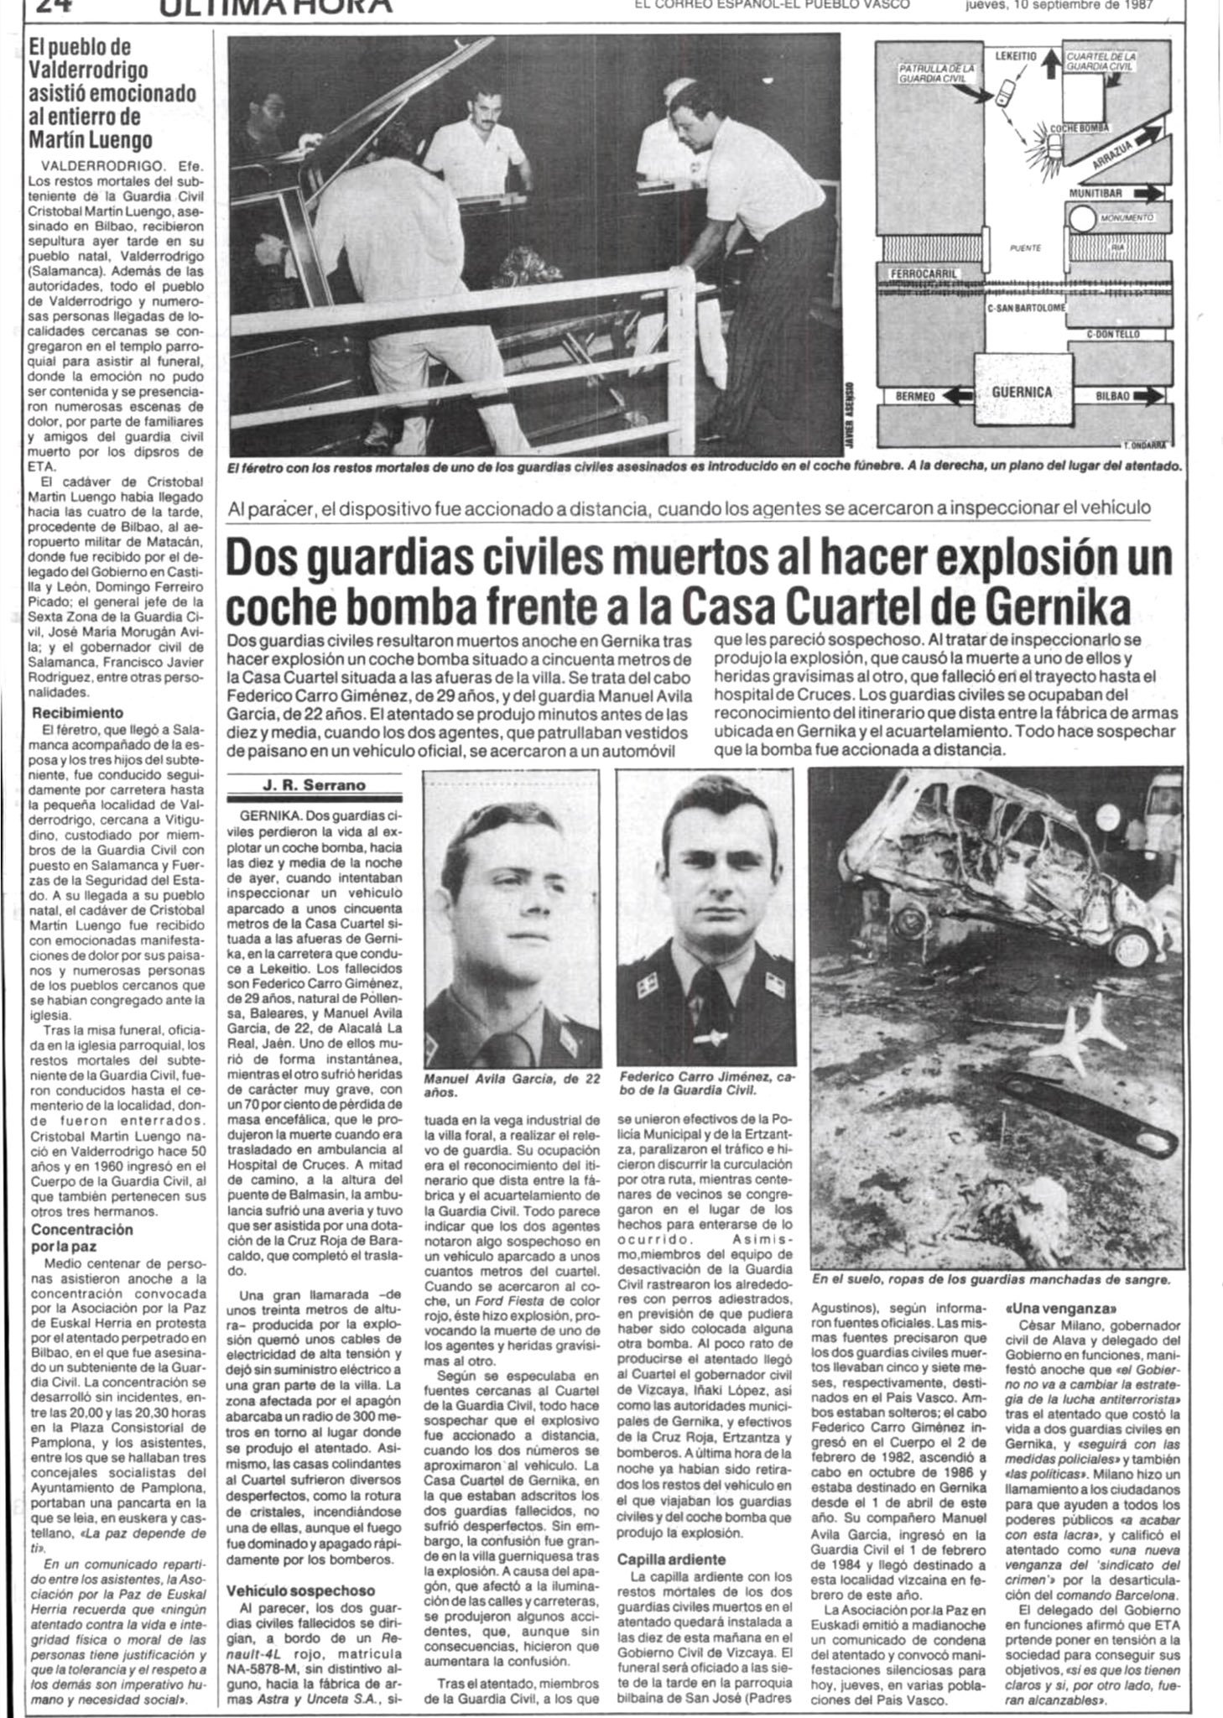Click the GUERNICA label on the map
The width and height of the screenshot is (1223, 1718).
pyautogui.click(x=1021, y=393)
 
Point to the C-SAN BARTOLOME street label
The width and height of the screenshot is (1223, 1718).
pyautogui.click(x=1026, y=307)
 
